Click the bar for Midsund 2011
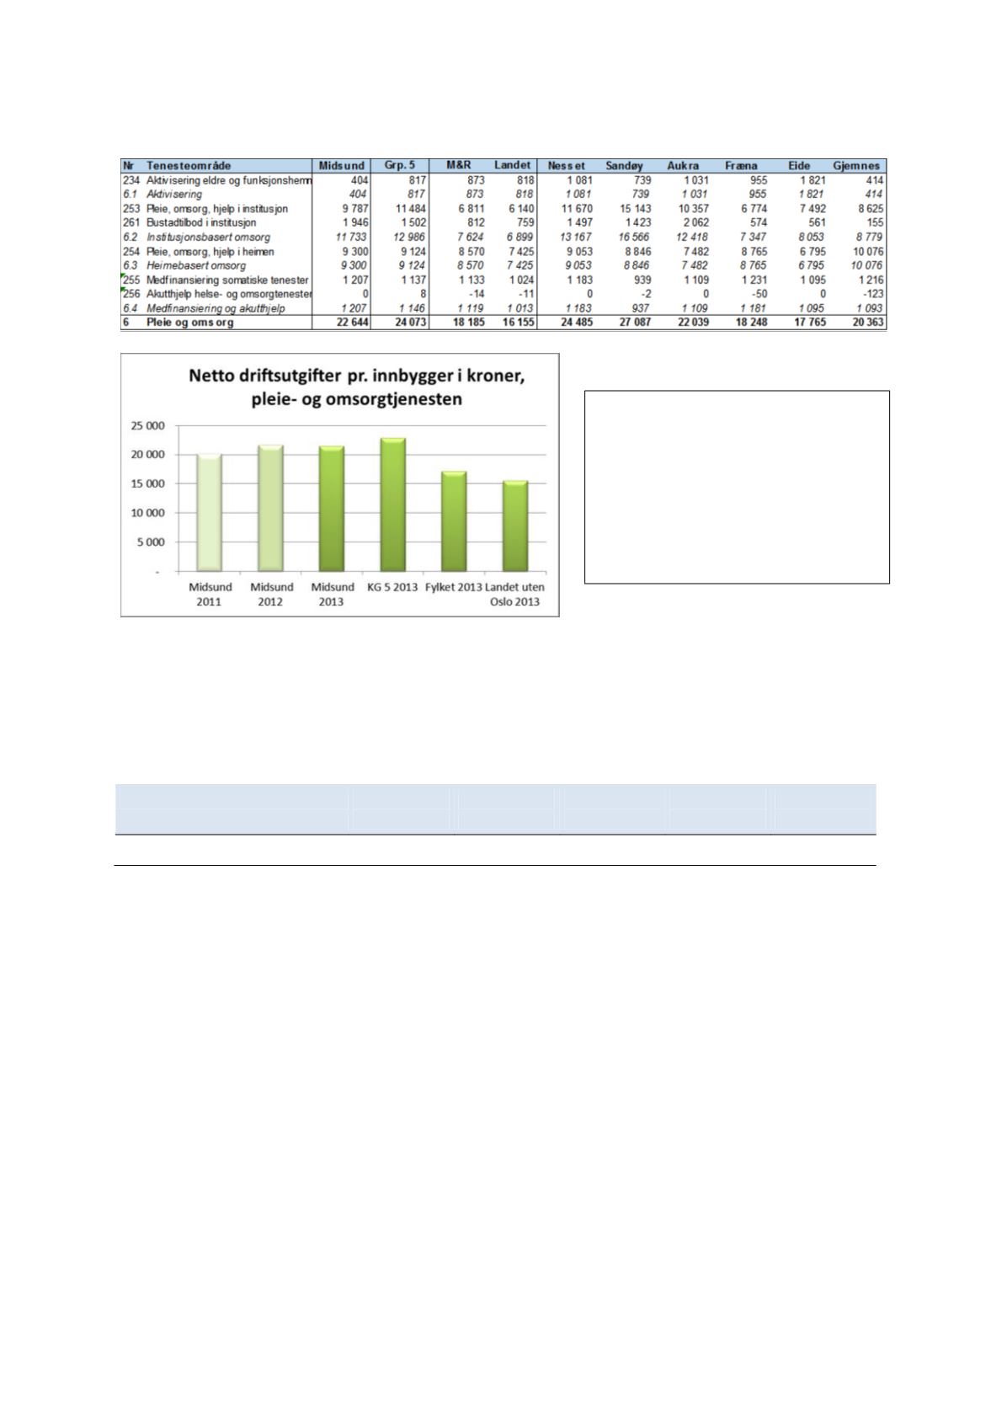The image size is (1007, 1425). point(209,512)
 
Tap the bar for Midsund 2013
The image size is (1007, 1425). point(332,509)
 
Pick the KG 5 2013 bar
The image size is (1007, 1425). point(392,504)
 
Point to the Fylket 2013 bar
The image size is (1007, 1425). point(454,521)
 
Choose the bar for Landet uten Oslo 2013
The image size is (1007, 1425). point(515,526)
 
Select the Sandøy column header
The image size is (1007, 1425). point(625,166)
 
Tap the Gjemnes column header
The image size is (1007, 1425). point(856,166)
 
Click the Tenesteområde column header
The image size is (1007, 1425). point(189,166)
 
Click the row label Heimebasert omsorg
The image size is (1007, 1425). point(196,265)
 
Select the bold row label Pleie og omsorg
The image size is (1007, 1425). point(190,323)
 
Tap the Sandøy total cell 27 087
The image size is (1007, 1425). point(635,323)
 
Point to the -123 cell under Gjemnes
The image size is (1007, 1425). point(871,294)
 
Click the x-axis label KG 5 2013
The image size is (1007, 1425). point(392,587)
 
